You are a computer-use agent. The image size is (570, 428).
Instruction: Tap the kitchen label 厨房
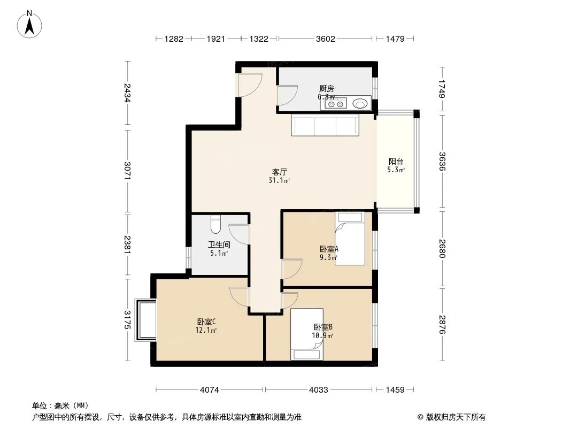point(327,88)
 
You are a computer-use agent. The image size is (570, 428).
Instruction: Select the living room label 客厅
point(280,172)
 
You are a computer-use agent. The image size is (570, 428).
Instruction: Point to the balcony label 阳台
point(396,161)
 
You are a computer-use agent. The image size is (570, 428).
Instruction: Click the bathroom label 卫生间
point(219,244)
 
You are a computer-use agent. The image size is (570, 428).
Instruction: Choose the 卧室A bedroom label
point(329,249)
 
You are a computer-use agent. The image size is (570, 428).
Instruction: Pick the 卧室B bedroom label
point(323,327)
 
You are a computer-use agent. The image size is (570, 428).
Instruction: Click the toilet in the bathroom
point(215,224)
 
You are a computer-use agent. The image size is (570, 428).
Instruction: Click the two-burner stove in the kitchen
point(335,104)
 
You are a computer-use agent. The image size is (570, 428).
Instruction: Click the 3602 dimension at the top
point(325,39)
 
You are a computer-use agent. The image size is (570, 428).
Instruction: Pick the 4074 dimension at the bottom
point(210,389)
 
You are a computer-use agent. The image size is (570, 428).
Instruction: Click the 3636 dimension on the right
point(442,162)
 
